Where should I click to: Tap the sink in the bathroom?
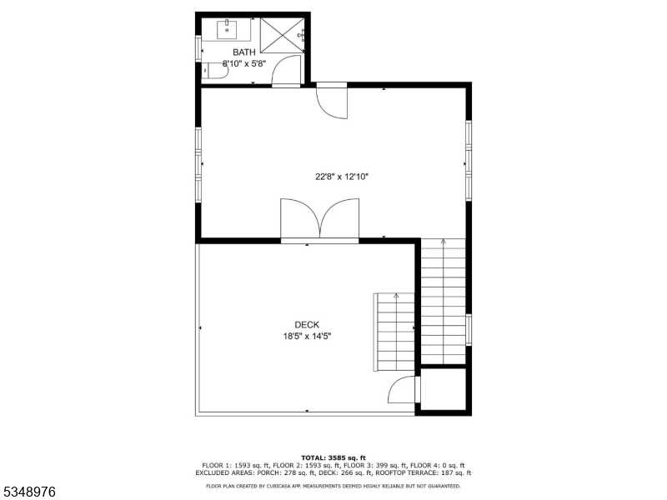(x=228, y=30)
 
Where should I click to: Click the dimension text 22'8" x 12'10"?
(x=341, y=177)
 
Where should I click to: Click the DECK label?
(x=307, y=325)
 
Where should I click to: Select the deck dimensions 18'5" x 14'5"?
(x=307, y=337)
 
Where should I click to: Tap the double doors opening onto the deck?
(x=320, y=220)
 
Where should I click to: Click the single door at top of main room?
(x=331, y=101)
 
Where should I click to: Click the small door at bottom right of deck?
(x=404, y=390)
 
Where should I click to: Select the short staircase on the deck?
(x=395, y=332)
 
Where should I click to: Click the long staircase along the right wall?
(x=443, y=300)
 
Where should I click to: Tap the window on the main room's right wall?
(x=469, y=158)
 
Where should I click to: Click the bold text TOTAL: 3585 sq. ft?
(x=333, y=458)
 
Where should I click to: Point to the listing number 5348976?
(x=30, y=492)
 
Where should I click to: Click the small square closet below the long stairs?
(x=443, y=389)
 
